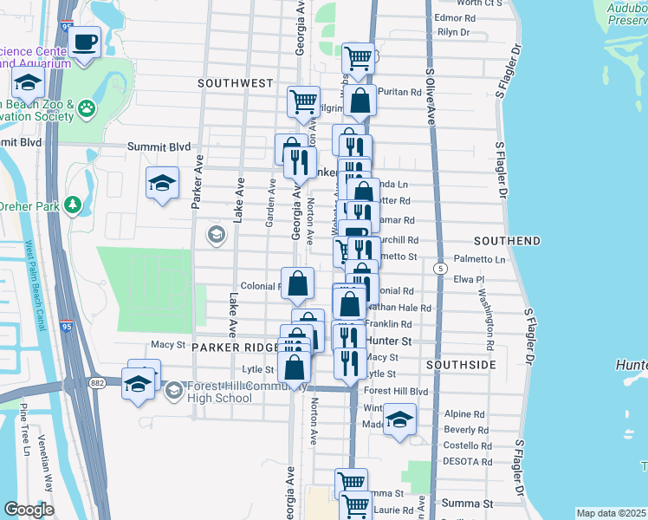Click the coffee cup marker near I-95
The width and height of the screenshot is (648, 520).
(x=85, y=42)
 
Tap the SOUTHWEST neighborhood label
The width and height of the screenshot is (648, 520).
(x=235, y=83)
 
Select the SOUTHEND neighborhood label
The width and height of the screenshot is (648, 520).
(x=508, y=240)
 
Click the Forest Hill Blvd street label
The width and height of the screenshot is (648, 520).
(x=396, y=391)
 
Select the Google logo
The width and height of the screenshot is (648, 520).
(x=29, y=510)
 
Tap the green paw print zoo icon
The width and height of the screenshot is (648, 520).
(x=86, y=108)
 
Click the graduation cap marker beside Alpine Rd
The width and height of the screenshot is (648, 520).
(x=399, y=421)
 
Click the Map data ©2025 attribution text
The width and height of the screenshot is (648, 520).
(x=610, y=513)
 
